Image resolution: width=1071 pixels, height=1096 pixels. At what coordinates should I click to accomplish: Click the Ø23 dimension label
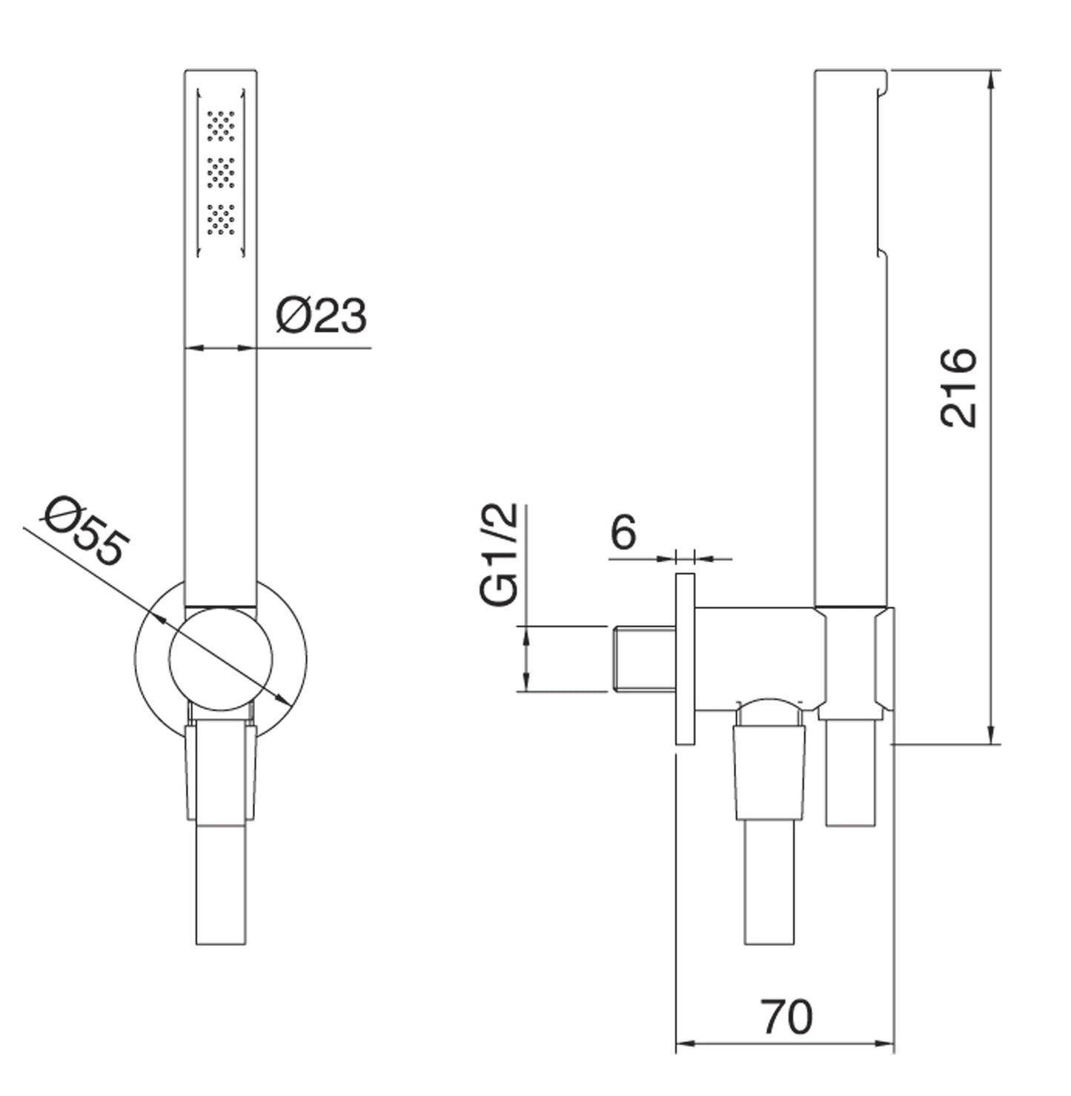[322, 317]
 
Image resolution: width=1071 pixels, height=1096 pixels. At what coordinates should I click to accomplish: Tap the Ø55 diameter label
[87, 531]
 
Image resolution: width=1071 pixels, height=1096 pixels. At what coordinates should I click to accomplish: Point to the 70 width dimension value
[786, 1017]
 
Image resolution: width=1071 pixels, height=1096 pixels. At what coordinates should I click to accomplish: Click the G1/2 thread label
[499, 555]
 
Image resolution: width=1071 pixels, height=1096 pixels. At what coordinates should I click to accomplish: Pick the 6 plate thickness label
[623, 532]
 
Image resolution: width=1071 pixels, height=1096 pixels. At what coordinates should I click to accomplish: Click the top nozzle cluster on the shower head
[221, 126]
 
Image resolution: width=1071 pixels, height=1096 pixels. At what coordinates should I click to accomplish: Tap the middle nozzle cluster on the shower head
[221, 173]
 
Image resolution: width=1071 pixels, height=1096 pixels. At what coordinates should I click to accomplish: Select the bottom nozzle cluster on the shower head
[221, 219]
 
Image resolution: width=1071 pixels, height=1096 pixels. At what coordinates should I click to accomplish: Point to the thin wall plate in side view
[685, 658]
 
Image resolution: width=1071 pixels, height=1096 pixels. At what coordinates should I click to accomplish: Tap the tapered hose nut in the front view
[221, 773]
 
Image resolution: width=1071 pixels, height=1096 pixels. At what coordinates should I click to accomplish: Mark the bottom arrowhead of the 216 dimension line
[992, 734]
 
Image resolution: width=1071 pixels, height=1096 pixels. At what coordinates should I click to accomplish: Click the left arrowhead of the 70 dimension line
[685, 1044]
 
